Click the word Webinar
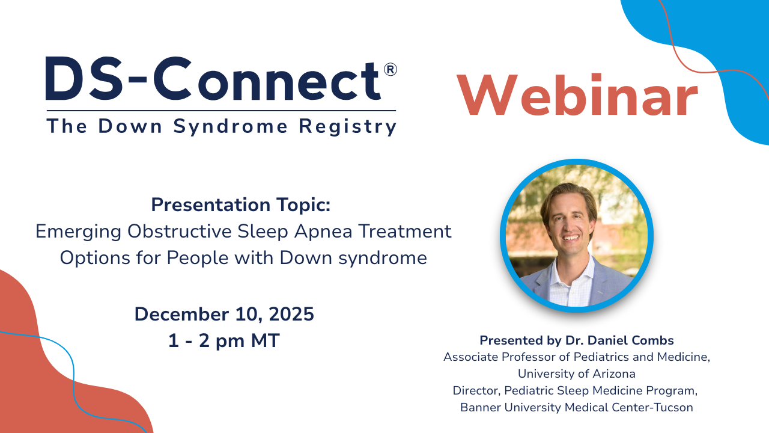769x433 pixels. point(577,96)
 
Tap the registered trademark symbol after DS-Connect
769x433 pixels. point(390,70)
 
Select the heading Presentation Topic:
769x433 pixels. point(241,204)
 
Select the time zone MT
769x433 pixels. point(266,341)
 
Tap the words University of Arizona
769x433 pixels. point(576,373)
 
